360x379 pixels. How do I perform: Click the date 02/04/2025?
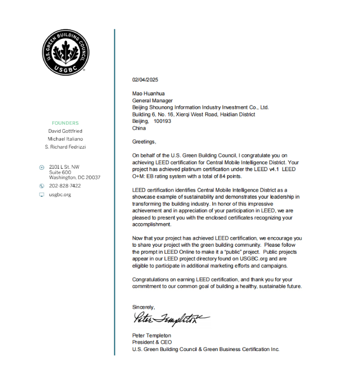point(145,79)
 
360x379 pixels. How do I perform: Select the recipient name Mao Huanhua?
point(148,93)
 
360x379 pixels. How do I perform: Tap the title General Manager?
point(152,100)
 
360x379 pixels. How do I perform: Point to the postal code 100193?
point(162,121)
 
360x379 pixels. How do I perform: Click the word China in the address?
point(139,128)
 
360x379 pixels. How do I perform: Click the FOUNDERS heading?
point(65,123)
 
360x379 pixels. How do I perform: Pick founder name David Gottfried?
point(65,131)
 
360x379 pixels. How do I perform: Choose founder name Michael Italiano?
point(65,139)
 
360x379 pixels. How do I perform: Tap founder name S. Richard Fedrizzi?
point(65,147)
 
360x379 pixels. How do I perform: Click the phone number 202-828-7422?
point(65,186)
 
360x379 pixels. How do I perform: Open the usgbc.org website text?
point(60,195)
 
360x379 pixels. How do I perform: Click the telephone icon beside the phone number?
point(41,186)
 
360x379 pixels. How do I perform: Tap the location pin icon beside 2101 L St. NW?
point(41,167)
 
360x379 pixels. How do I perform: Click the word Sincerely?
point(143,307)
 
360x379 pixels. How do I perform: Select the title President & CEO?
point(152,343)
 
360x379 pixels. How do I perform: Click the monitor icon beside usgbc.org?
point(41,195)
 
